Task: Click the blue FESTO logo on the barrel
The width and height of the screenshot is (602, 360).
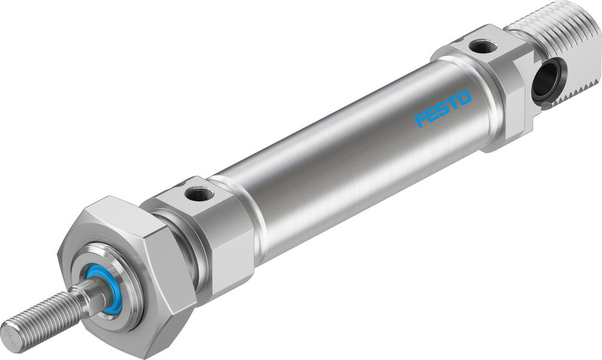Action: [444, 108]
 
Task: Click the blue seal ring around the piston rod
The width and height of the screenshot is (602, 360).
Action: [106, 290]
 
